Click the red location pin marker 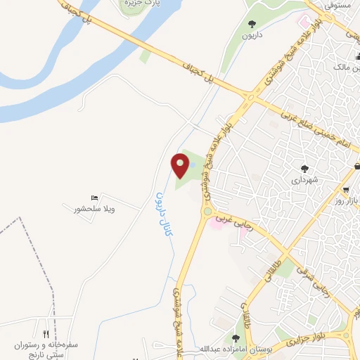point(181,166)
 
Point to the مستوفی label point(337,4)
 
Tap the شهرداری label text point(304,180)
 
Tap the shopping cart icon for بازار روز point(346,190)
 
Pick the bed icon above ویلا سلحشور point(95,198)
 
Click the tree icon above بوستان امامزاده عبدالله point(236,339)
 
